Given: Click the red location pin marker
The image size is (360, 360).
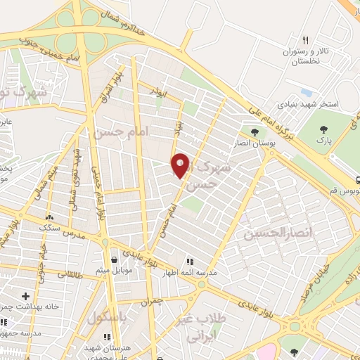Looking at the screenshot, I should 181,165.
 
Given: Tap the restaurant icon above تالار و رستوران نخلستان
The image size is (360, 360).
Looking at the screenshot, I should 304,40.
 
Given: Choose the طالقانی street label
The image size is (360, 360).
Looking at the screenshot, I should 69,275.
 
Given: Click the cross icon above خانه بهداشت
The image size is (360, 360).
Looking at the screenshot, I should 26,297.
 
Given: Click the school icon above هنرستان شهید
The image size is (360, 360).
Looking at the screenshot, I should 106,337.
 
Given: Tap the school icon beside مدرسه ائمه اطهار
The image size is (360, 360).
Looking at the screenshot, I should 190,262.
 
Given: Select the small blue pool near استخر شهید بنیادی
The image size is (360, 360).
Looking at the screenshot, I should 305,92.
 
